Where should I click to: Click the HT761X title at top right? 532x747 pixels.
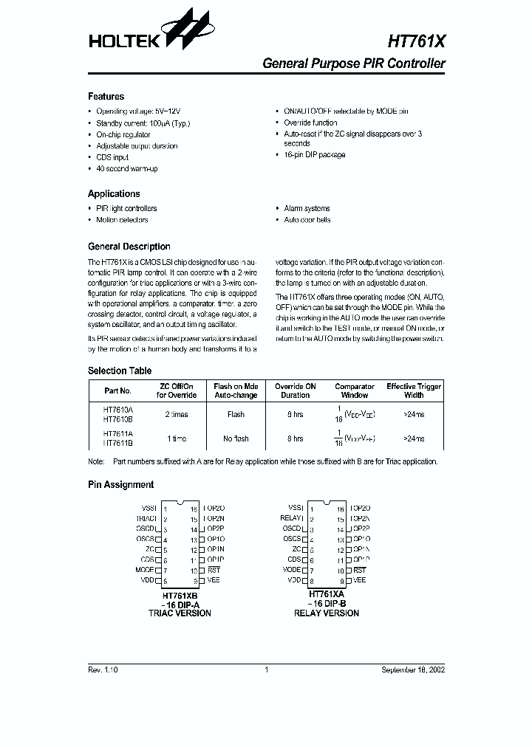[x=416, y=42]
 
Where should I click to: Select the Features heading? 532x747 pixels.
[x=106, y=97]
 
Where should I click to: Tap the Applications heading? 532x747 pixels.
[x=113, y=194]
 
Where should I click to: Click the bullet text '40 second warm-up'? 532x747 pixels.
[x=126, y=169]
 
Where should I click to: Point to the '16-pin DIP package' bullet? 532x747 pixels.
[x=314, y=155]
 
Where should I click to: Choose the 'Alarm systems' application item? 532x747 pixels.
[x=307, y=209]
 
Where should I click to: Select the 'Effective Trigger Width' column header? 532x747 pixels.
[x=414, y=390]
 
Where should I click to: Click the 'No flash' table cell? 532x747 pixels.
[x=236, y=438]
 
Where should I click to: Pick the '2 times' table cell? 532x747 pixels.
[x=177, y=415]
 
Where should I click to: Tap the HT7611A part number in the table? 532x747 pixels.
[x=117, y=433]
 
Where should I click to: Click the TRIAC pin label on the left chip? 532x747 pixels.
[x=146, y=519]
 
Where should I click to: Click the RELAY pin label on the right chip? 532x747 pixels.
[x=293, y=519]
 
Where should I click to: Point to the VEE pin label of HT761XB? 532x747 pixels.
[x=214, y=581]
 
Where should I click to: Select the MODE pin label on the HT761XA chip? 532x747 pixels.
[x=293, y=571]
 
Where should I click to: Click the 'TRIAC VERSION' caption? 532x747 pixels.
[x=180, y=613]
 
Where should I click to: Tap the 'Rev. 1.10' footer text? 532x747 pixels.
[x=102, y=669]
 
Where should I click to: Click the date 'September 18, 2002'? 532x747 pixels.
[x=413, y=669]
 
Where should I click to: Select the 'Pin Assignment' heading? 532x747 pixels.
[x=120, y=485]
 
